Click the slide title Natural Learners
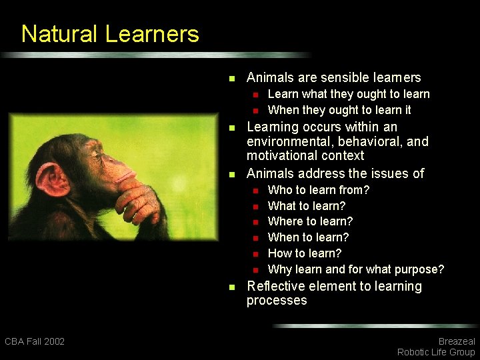[110, 34]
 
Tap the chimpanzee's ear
[52, 179]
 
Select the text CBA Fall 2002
[35, 341]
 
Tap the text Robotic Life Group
[436, 352]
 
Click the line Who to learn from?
[318, 190]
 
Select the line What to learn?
[306, 206]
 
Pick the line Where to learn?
[310, 221]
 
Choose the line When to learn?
[308, 237]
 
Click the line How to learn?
[304, 253]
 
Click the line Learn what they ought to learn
[348, 94]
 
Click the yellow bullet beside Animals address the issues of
[231, 174]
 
